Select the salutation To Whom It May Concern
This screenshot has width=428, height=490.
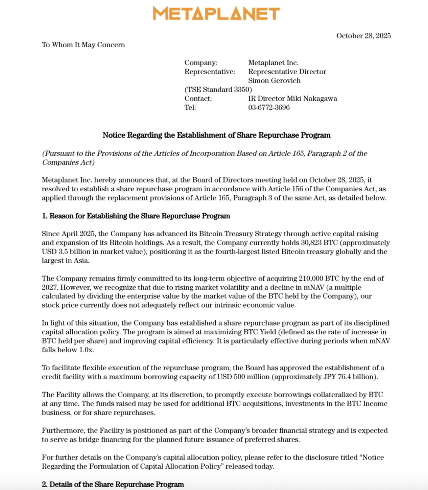pyautogui.click(x=83, y=45)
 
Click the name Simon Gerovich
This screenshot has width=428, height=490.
pyautogui.click(x=274, y=80)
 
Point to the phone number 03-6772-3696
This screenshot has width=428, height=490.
pyautogui.click(x=269, y=107)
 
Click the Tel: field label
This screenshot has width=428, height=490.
pyautogui.click(x=190, y=107)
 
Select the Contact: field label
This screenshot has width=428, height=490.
pyautogui.click(x=198, y=98)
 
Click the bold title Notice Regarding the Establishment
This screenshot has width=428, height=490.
pyautogui.click(x=216, y=135)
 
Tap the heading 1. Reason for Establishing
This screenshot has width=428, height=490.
pyautogui.click(x=136, y=216)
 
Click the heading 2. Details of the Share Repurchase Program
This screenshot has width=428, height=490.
pyautogui.click(x=113, y=484)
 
